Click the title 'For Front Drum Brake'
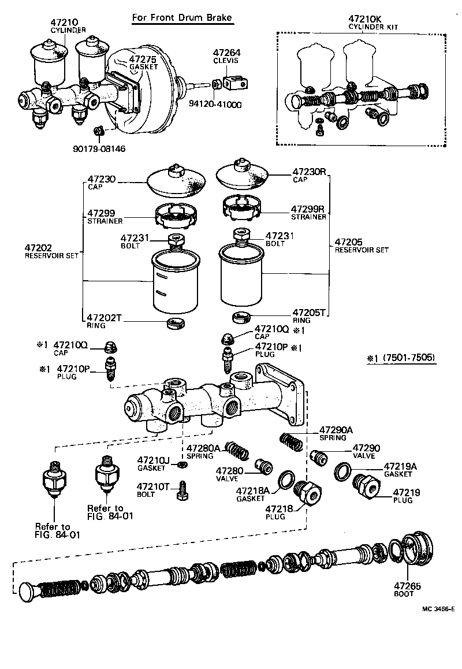pos(182,18)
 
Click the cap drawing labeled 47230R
pos(243,177)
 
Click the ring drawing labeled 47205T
pos(241,317)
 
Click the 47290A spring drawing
pos(292,441)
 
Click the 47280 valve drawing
pos(264,465)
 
